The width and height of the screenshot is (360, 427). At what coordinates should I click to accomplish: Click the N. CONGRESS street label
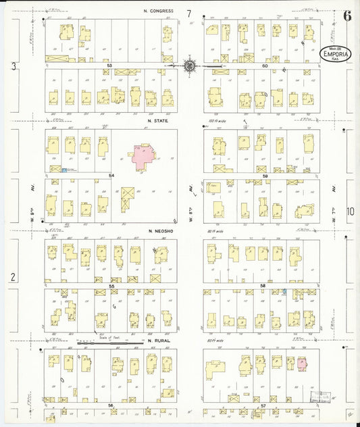159,11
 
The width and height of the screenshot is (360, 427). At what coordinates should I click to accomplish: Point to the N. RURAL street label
158,341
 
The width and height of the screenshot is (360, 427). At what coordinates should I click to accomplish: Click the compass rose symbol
190,66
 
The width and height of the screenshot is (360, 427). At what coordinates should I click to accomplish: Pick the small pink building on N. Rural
301,363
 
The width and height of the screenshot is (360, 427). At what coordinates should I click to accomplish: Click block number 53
109,66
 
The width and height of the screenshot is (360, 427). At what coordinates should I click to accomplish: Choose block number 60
265,66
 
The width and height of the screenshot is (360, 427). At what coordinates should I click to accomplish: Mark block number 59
265,176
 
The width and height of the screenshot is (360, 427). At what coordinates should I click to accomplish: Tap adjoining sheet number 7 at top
190,14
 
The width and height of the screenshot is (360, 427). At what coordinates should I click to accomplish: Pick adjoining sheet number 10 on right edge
350,211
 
